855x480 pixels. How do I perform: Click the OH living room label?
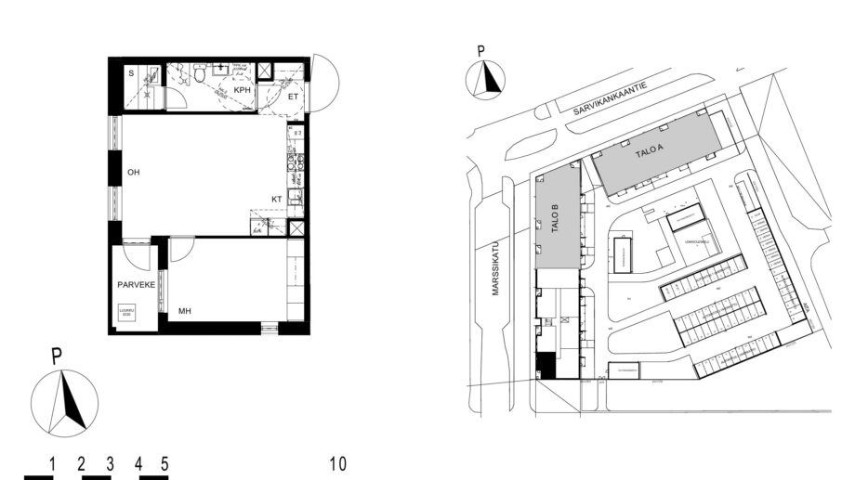pos(133,171)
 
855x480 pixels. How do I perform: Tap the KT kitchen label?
pos(276,199)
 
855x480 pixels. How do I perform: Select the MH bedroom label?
pos(184,311)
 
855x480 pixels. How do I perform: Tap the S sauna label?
pos(130,71)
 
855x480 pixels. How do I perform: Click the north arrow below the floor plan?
pos(64,400)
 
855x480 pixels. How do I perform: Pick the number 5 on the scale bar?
pos(164,462)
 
